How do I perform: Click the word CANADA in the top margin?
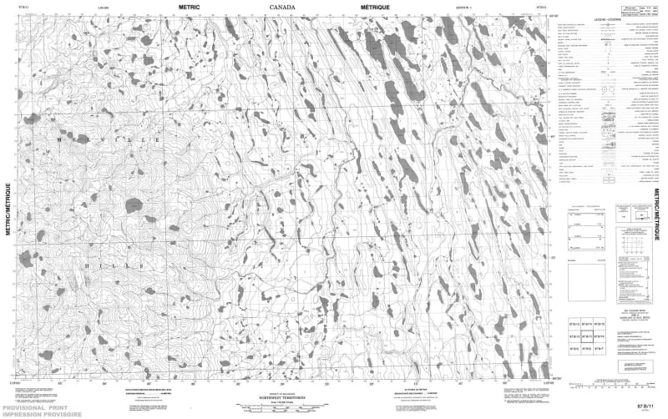[x=281, y=6]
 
